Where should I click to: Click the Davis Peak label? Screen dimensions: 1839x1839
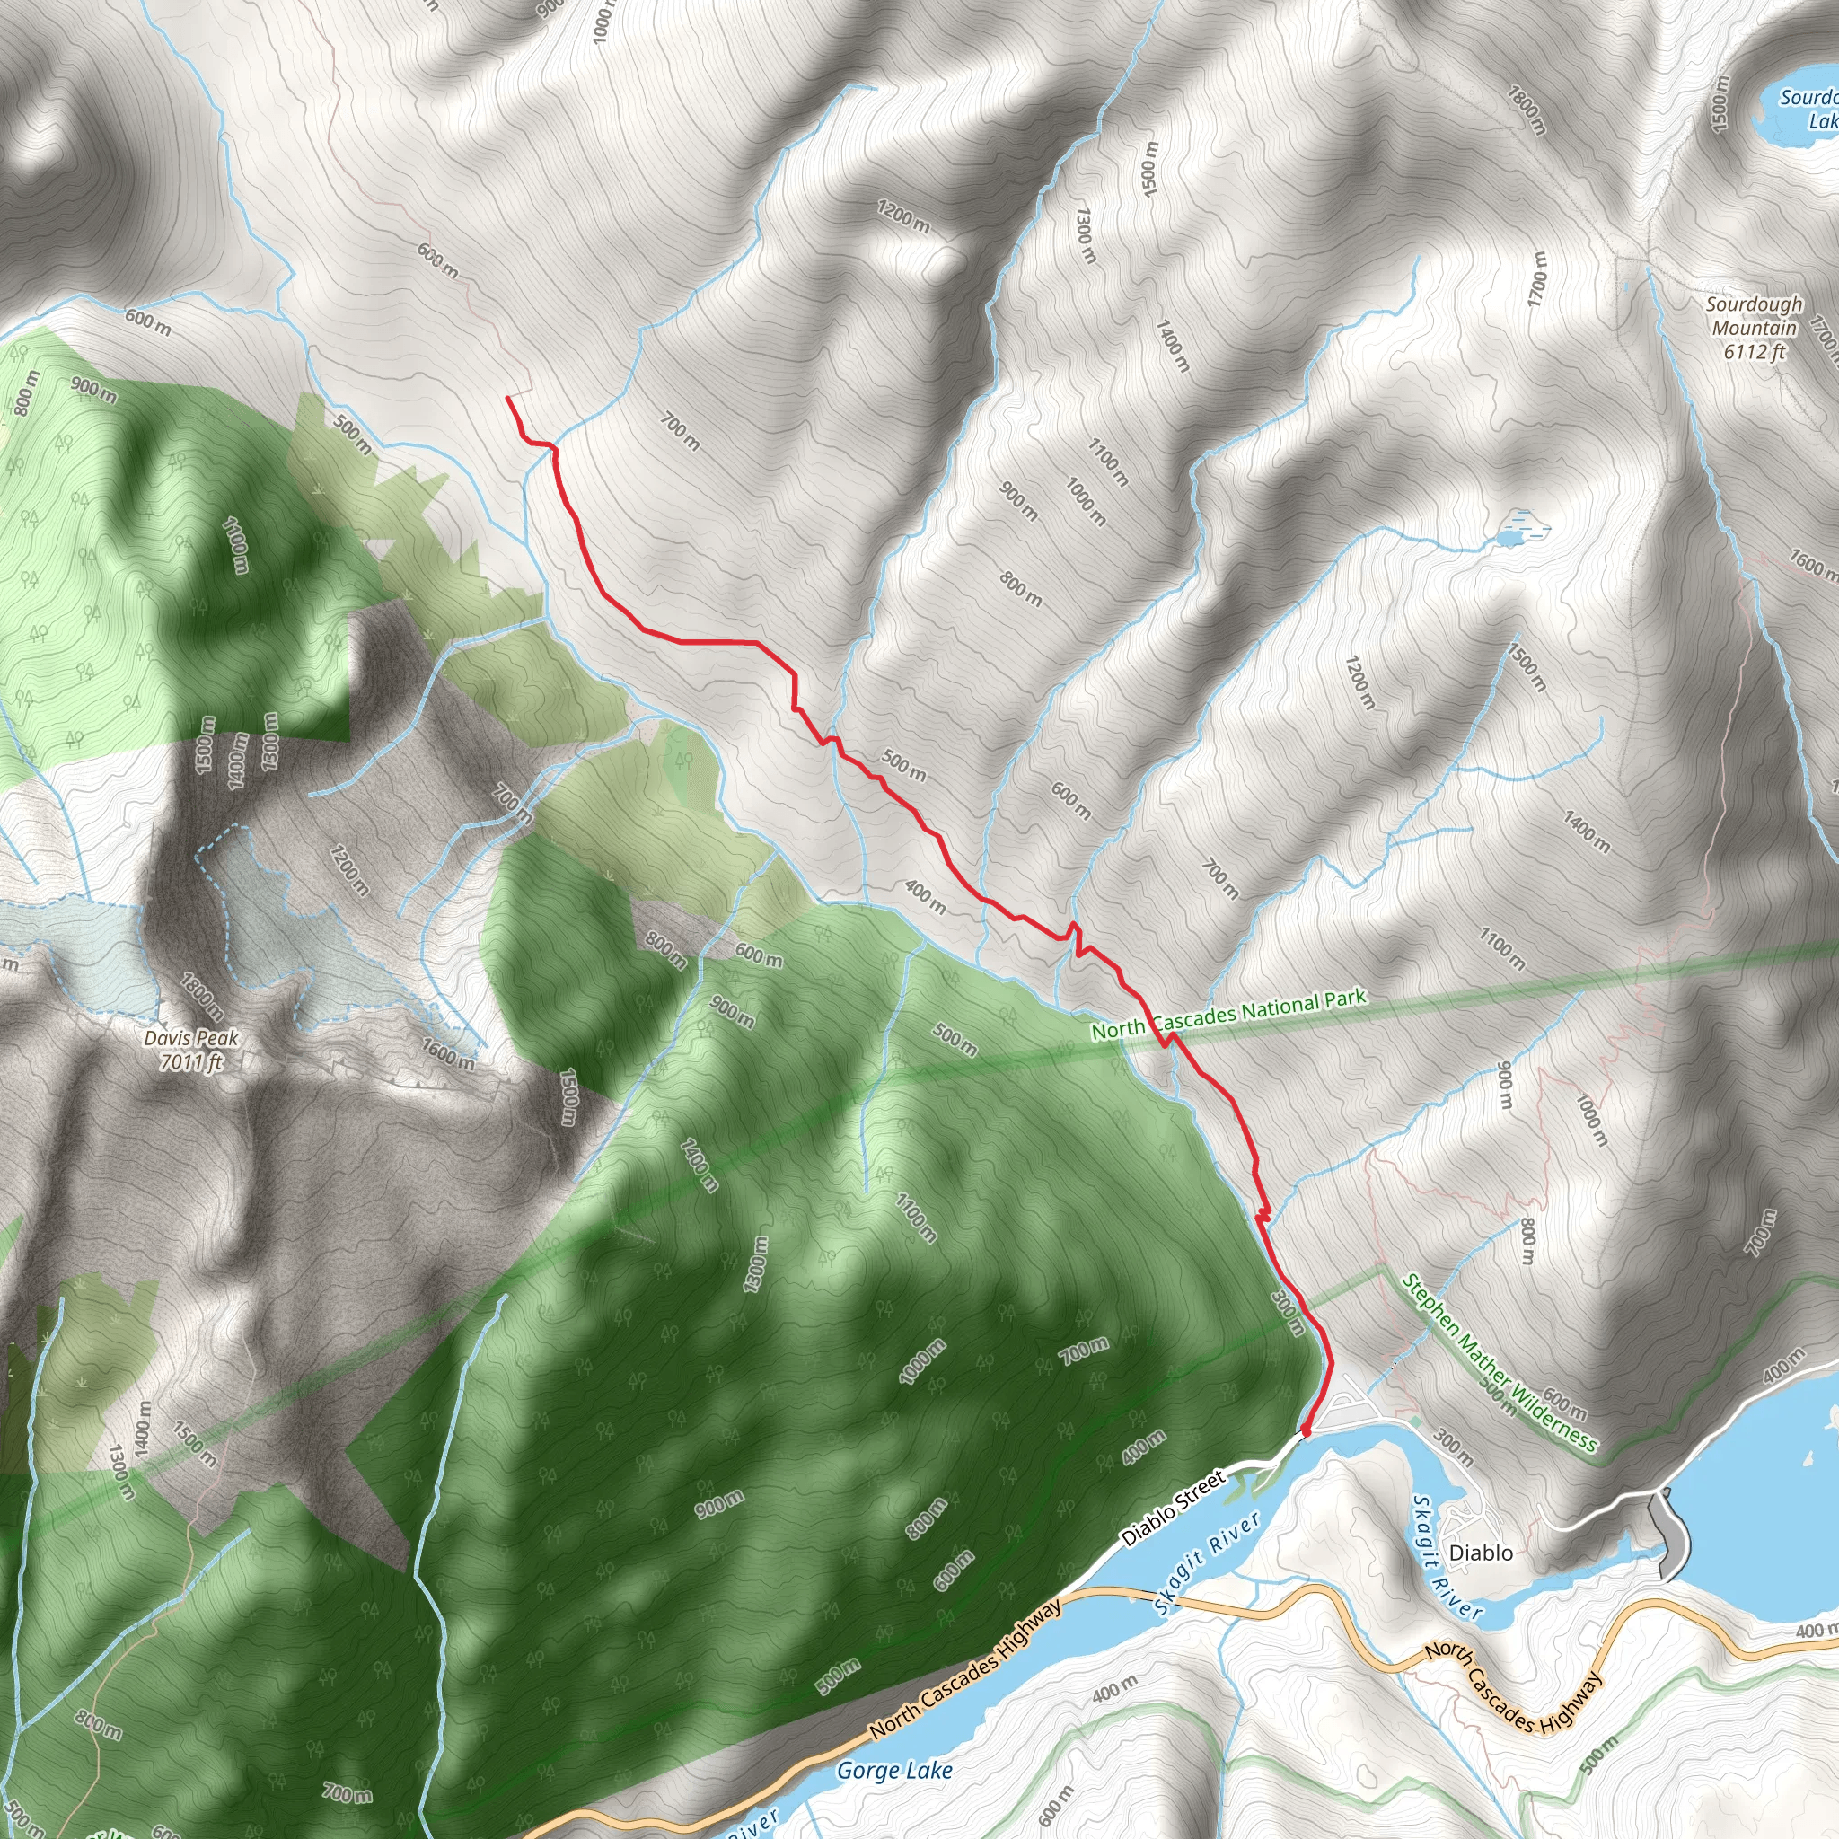click(191, 1039)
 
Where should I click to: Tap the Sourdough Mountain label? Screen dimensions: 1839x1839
click(1754, 316)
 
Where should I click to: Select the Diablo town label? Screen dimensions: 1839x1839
click(1480, 1553)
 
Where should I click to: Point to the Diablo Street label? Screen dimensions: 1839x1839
click(1173, 1509)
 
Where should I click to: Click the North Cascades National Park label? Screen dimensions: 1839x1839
click(1227, 1015)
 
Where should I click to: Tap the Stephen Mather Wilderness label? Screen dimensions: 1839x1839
click(1499, 1364)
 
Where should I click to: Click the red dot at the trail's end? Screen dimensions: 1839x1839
click(1305, 1430)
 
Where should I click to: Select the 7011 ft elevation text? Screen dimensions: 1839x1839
click(190, 1062)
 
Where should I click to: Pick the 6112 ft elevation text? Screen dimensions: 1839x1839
click(1754, 351)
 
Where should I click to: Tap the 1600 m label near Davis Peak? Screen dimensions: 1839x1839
click(447, 1053)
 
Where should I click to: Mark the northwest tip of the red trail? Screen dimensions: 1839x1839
click(507, 398)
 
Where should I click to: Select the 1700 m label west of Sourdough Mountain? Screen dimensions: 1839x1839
click(1537, 279)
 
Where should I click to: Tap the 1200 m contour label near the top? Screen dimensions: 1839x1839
click(902, 217)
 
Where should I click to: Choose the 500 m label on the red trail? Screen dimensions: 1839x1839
click(902, 763)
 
